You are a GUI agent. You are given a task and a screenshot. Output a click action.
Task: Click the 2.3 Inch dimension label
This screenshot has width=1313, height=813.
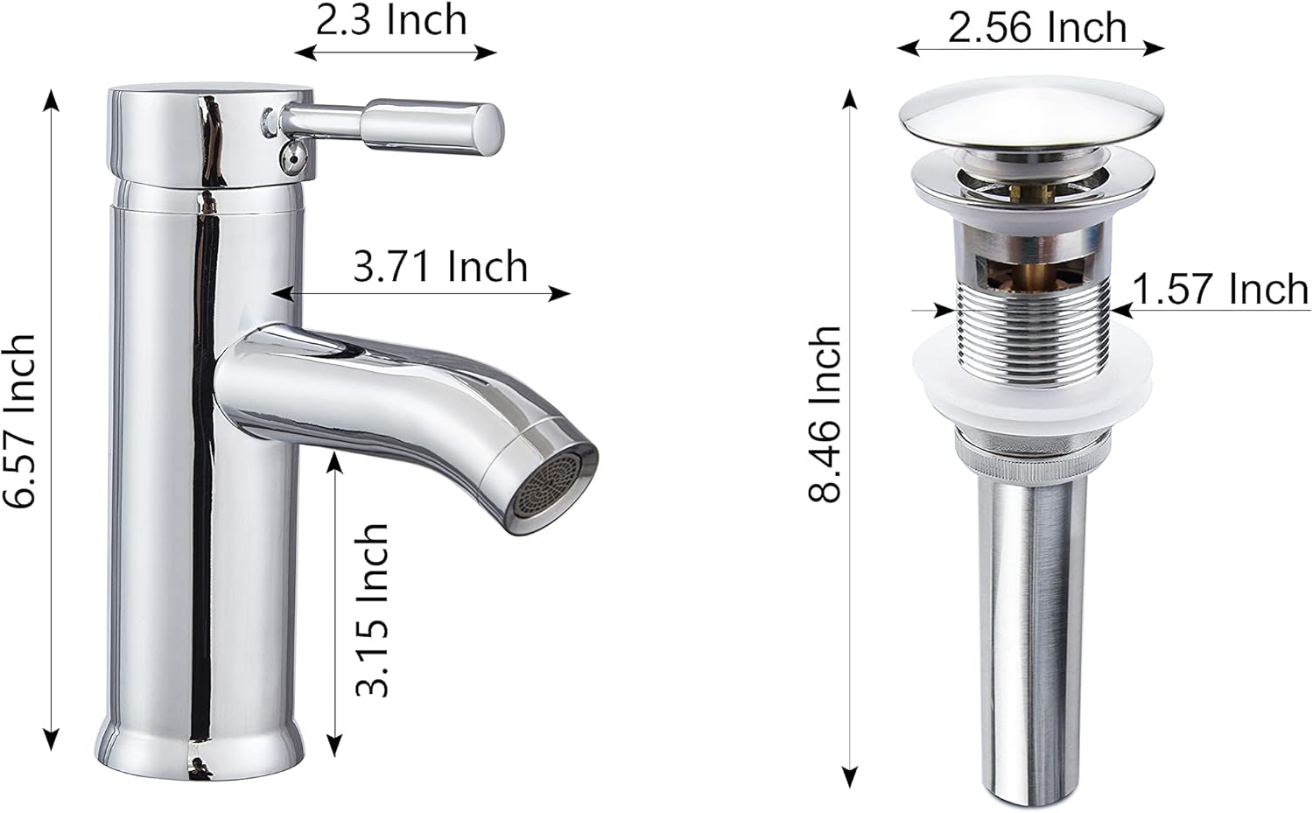pos(391,20)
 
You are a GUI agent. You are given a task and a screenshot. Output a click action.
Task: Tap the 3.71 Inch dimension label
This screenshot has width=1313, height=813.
pos(440,266)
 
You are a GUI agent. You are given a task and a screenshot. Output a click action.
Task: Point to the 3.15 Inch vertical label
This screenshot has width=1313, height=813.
pos(371,609)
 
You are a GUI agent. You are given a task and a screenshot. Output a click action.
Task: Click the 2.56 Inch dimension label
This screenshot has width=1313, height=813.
pos(1037,27)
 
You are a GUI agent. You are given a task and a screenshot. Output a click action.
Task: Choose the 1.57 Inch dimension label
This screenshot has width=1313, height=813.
pos(1220,289)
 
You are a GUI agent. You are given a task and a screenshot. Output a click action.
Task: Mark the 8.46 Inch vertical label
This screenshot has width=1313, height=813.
pos(825,414)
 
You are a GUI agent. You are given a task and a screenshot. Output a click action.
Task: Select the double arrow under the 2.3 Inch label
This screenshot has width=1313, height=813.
pos(396,53)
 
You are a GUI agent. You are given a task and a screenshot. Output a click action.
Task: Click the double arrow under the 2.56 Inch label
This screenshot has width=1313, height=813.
pos(1030,49)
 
